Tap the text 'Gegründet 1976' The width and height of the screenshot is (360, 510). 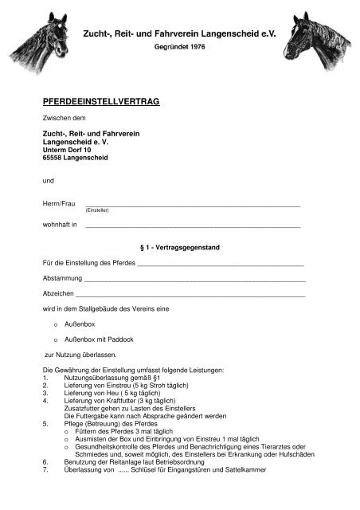click(x=179, y=48)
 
